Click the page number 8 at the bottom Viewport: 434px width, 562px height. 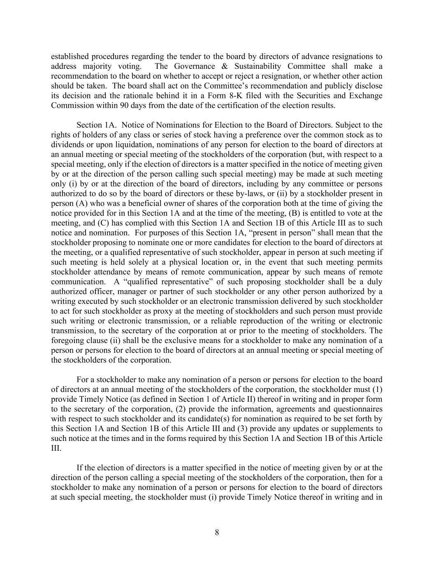[217, 533]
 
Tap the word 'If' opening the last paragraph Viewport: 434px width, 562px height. [80, 468]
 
